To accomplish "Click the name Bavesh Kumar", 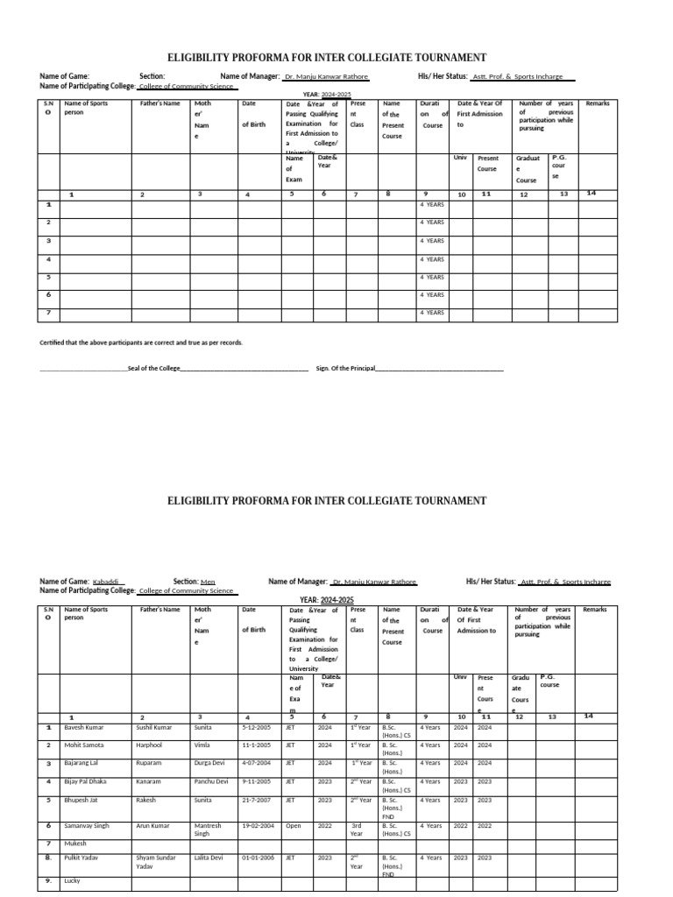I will point(84,727).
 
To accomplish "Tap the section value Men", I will point(207,582).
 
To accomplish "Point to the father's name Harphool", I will point(152,745).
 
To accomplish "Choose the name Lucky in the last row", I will point(73,880).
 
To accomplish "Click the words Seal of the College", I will point(153,369).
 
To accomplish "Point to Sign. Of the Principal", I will point(345,369).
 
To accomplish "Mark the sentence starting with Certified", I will point(141,343).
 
